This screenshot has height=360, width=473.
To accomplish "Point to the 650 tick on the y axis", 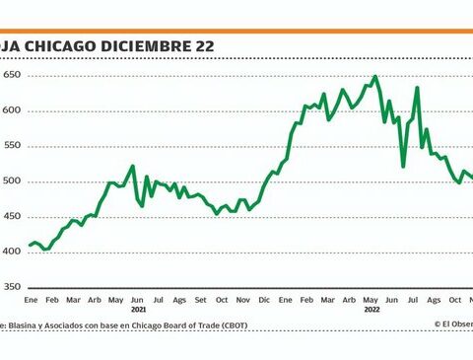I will [12, 75].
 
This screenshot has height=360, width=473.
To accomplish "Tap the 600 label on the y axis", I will [12, 110].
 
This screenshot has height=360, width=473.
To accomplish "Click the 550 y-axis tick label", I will [12, 146].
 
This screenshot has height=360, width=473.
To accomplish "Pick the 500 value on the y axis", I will [12, 181].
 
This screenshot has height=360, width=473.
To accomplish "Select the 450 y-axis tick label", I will [12, 217].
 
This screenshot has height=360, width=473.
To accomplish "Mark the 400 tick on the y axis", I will [12, 252].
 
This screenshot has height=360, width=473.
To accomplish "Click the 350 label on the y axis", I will [12, 288].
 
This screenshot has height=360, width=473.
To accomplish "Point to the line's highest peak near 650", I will [375, 77].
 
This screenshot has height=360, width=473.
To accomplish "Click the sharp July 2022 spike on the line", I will [418, 88].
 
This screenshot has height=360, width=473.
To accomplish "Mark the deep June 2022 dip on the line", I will [403, 165].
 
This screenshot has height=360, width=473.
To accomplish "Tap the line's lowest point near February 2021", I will [44, 250].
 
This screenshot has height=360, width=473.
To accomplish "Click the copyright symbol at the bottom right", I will [437, 324].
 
